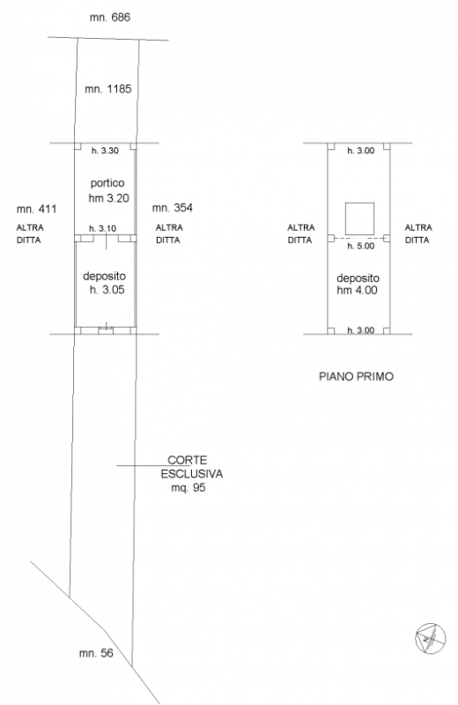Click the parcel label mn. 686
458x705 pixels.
(x=110, y=18)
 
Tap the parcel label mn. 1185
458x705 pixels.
(x=108, y=89)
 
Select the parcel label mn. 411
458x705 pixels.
(x=36, y=209)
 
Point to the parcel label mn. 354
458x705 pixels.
(x=172, y=208)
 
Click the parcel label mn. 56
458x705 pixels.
(x=96, y=653)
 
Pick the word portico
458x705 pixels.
(x=107, y=183)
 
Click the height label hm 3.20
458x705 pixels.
(x=108, y=198)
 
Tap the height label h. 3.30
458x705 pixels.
(x=105, y=151)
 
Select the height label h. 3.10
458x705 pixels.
(x=102, y=228)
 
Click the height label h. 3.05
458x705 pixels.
(x=107, y=290)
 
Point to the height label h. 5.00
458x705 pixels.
(x=360, y=246)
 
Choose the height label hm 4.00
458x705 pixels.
(x=357, y=291)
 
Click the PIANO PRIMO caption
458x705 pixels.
(x=357, y=376)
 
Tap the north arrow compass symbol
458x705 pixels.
(x=430, y=638)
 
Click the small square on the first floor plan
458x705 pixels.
(x=359, y=219)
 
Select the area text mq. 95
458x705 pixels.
(x=188, y=488)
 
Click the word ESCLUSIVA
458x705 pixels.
(x=192, y=474)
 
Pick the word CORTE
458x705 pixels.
(x=188, y=460)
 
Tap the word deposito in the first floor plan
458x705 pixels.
(x=358, y=278)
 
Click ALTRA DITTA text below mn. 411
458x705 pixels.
(x=30, y=234)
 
